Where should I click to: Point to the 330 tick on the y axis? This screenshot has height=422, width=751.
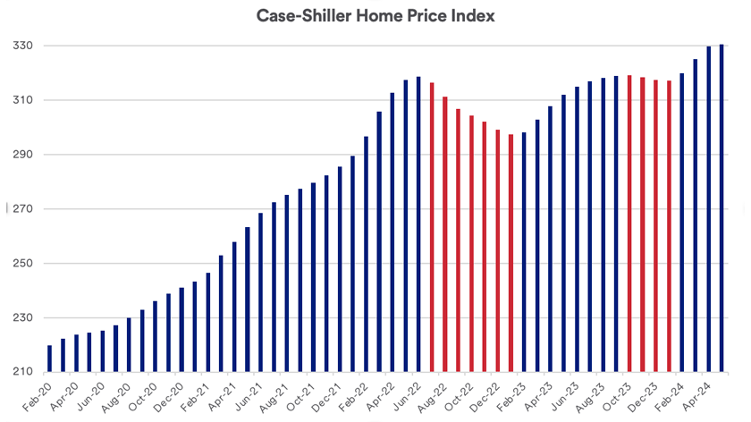pos(19,46)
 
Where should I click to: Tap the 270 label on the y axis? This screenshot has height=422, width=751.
pos(19,209)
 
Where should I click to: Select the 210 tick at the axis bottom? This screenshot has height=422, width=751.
pos(19,372)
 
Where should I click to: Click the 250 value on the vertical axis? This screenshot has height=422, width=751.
pos(19,264)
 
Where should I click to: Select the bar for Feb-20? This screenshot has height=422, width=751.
pos(49,359)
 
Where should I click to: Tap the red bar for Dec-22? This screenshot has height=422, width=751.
pos(498,251)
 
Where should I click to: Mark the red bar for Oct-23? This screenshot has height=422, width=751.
pos(629,224)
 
